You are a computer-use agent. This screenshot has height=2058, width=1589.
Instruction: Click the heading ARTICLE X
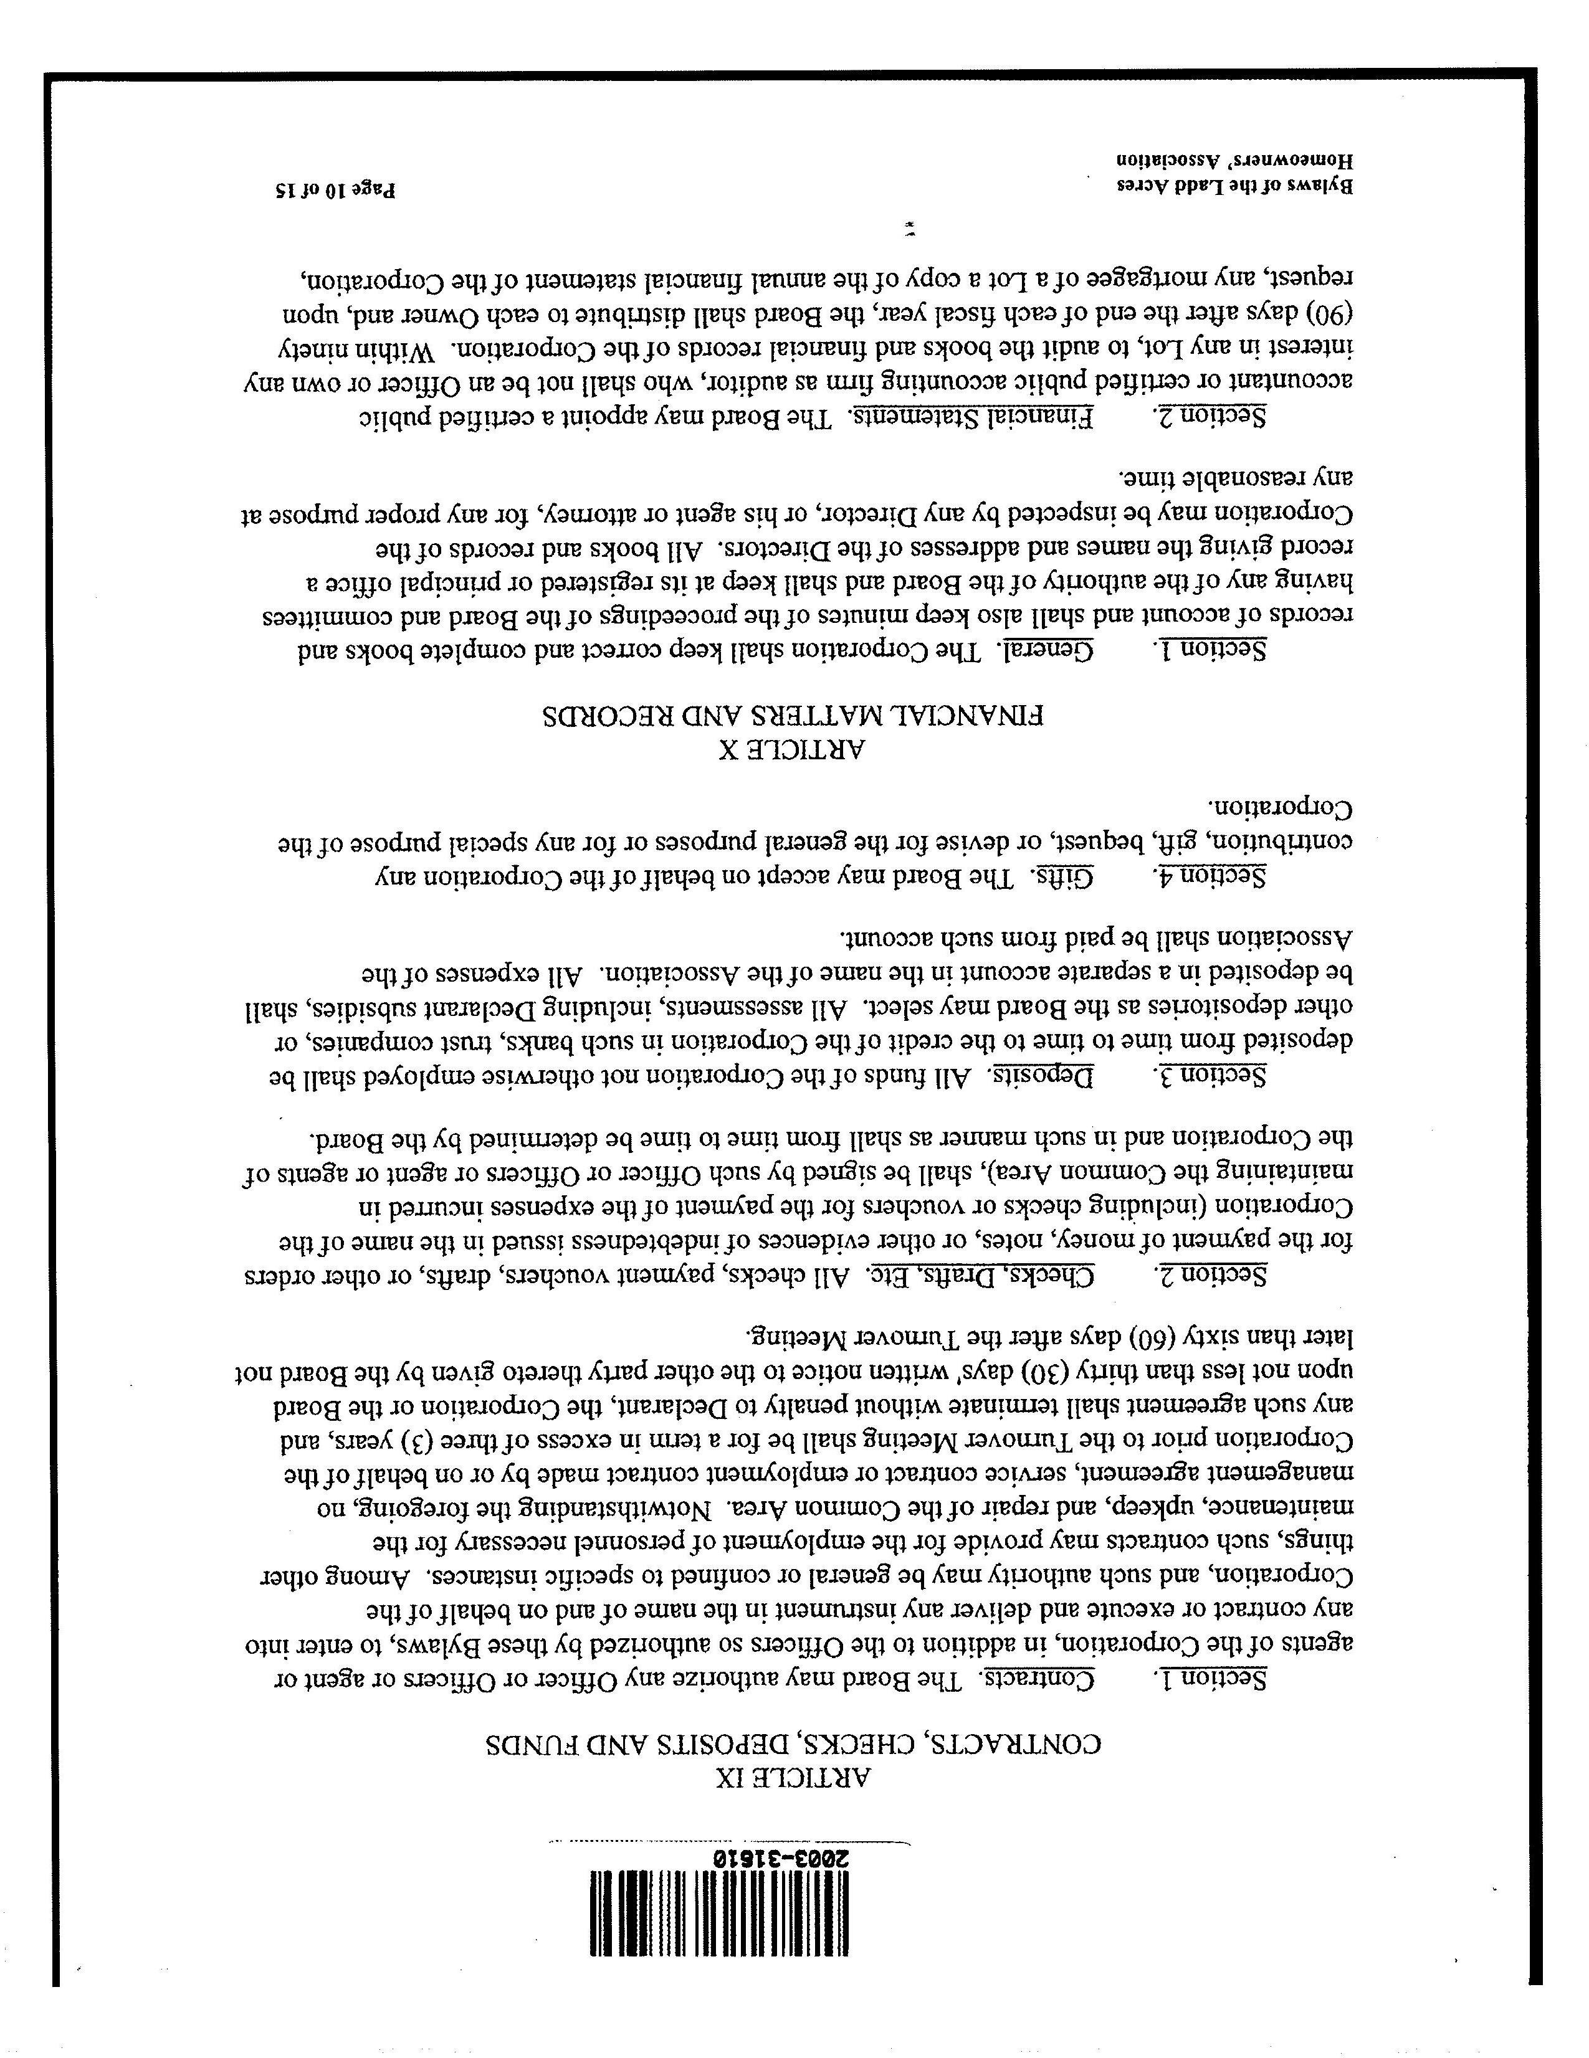tap(794, 750)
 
